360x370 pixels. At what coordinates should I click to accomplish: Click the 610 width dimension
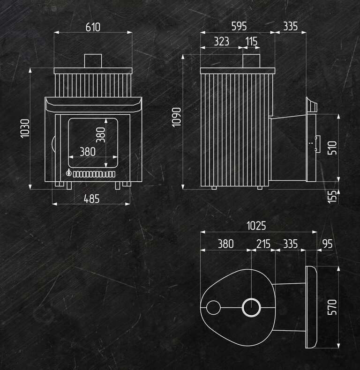tap(93, 27)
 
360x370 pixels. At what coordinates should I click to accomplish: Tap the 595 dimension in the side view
tap(239, 26)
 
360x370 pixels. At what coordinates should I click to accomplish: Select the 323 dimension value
tap(221, 42)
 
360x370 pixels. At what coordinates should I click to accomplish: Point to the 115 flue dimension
tap(251, 42)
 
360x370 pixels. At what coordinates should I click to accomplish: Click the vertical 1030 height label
tap(25, 128)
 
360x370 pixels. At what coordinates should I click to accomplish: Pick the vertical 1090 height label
tap(176, 117)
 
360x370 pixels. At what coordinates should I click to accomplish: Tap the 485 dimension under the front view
tap(92, 199)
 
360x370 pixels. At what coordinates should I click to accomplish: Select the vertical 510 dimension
tap(332, 148)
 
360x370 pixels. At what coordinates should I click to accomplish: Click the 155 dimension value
tap(332, 197)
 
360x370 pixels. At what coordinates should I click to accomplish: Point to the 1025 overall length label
tap(256, 226)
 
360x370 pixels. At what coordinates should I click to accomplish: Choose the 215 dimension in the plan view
tap(263, 244)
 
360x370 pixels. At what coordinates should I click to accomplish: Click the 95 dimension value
tap(327, 244)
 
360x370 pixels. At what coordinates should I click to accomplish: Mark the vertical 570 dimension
tap(332, 307)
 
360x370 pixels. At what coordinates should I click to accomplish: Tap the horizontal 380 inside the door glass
tap(88, 152)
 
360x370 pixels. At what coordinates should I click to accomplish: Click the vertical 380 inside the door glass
tap(101, 135)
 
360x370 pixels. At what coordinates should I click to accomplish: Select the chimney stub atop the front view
tap(93, 61)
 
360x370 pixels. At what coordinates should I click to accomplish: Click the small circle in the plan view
tap(213, 308)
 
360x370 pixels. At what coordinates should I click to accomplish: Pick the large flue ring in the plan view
tap(251, 298)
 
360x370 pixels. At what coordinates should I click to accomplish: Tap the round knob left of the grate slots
tap(68, 173)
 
